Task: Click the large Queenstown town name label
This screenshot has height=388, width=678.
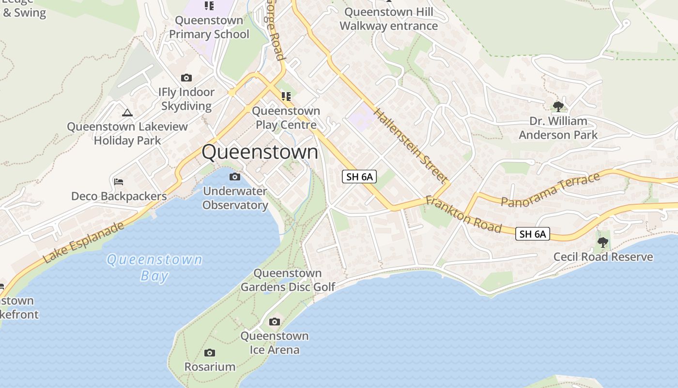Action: click(260, 152)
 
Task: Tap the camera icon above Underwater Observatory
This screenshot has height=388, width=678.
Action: click(235, 177)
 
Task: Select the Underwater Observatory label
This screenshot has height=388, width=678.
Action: click(235, 198)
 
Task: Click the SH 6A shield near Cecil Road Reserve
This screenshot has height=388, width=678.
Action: click(533, 234)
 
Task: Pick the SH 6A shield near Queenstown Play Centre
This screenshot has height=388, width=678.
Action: click(359, 177)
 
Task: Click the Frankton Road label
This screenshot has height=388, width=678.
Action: click(463, 214)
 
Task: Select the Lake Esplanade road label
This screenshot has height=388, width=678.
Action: click(83, 242)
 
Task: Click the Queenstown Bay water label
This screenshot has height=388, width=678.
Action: click(154, 267)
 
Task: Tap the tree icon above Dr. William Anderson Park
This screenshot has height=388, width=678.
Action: click(558, 106)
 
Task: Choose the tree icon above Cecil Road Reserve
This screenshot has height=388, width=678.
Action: click(603, 242)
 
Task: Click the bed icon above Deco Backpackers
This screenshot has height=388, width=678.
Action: click(119, 182)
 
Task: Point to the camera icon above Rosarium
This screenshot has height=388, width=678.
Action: click(210, 353)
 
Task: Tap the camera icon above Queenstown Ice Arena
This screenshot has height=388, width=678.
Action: click(275, 322)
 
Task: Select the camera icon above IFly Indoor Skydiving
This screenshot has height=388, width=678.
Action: click(186, 78)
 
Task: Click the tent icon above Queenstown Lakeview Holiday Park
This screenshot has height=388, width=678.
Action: click(127, 113)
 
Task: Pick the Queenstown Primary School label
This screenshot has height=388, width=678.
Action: click(209, 27)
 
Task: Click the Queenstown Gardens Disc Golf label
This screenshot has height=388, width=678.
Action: click(288, 280)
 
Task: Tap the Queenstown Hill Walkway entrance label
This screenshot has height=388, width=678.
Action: click(388, 19)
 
